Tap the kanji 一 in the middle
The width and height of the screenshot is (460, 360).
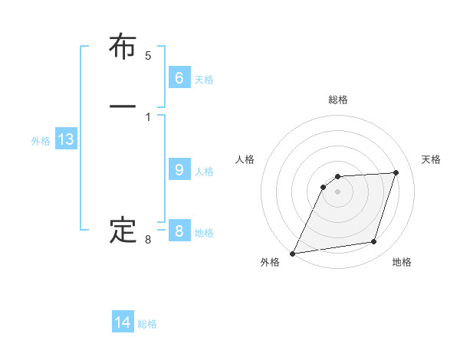coord(123,106)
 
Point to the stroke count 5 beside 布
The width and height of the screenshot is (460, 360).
coord(148,56)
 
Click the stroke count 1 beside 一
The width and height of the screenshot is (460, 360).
coord(148,117)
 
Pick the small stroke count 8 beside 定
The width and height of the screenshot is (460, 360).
coord(148,241)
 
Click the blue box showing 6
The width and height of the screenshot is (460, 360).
coord(179,77)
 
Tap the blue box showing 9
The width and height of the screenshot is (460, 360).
coord(179,170)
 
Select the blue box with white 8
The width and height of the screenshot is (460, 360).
coord(179,231)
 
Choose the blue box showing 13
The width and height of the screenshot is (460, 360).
coord(65,139)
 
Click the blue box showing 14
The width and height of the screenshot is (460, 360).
coord(123,322)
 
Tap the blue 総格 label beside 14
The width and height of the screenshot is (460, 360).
coord(147,324)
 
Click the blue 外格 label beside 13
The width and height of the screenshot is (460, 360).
coord(41,141)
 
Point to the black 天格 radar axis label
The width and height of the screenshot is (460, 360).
coord(431,159)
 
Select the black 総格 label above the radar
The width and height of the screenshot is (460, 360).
coord(338,100)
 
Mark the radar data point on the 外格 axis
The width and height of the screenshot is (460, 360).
coord(293,254)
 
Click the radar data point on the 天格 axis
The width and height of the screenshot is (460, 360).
coord(396,172)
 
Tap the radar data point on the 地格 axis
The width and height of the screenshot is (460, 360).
coord(374,242)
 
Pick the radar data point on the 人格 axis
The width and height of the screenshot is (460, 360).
coord(324,186)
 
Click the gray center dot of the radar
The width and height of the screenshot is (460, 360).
coord(338,191)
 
